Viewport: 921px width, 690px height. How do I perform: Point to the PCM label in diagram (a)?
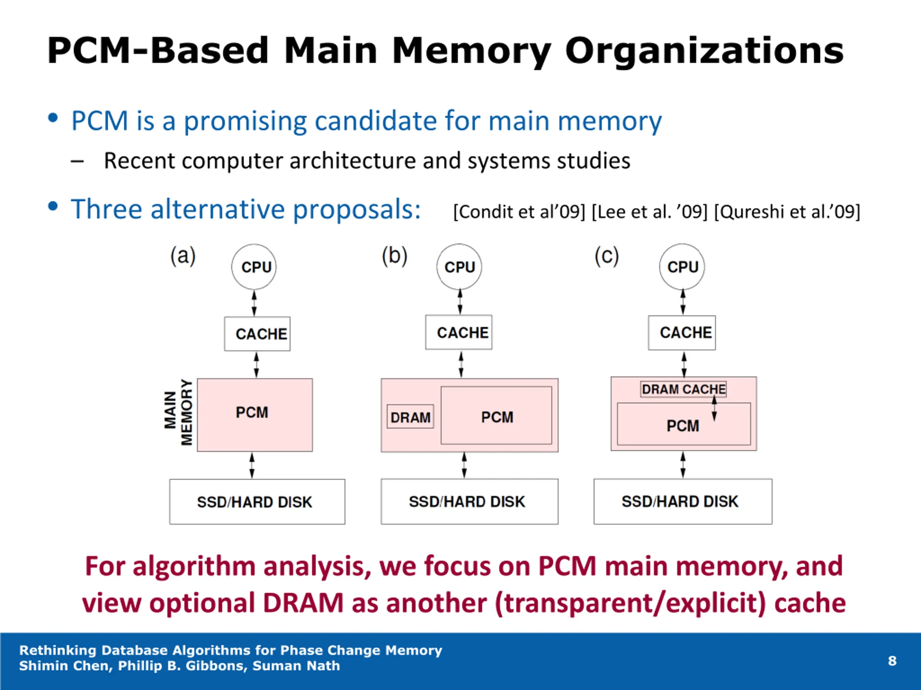click(x=252, y=413)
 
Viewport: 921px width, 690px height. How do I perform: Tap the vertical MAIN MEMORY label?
click(x=178, y=412)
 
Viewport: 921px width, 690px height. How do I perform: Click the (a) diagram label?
click(x=183, y=256)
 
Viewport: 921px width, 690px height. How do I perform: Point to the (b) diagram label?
click(x=395, y=256)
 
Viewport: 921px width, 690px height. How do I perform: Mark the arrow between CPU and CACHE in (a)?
click(x=254, y=303)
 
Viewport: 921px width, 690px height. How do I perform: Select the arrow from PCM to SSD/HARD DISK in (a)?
click(x=252, y=465)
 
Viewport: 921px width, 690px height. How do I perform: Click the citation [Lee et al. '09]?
click(x=649, y=212)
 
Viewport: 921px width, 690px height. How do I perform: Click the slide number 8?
click(x=892, y=661)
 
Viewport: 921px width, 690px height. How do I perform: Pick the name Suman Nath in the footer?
click(x=296, y=666)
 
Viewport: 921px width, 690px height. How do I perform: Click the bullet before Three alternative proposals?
click(x=53, y=206)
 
